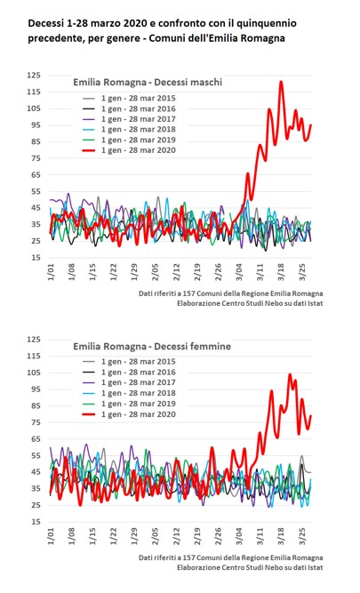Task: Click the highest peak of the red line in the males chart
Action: (281, 82)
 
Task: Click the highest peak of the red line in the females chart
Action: (290, 374)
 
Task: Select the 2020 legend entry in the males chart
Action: (129, 150)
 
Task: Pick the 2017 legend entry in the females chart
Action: (129, 382)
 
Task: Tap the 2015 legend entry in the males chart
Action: (129, 99)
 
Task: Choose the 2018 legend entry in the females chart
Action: (129, 393)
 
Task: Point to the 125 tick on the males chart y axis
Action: (33, 76)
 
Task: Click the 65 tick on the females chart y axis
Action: (36, 439)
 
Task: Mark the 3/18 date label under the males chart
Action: (281, 272)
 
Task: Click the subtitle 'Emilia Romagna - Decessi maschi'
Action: (148, 82)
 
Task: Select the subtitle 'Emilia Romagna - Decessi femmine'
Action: (152, 346)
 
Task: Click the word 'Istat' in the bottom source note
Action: (316, 567)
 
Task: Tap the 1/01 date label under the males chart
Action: (51, 272)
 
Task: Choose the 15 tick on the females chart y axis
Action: (36, 522)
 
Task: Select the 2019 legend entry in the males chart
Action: (129, 140)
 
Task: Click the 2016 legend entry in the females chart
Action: (129, 373)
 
